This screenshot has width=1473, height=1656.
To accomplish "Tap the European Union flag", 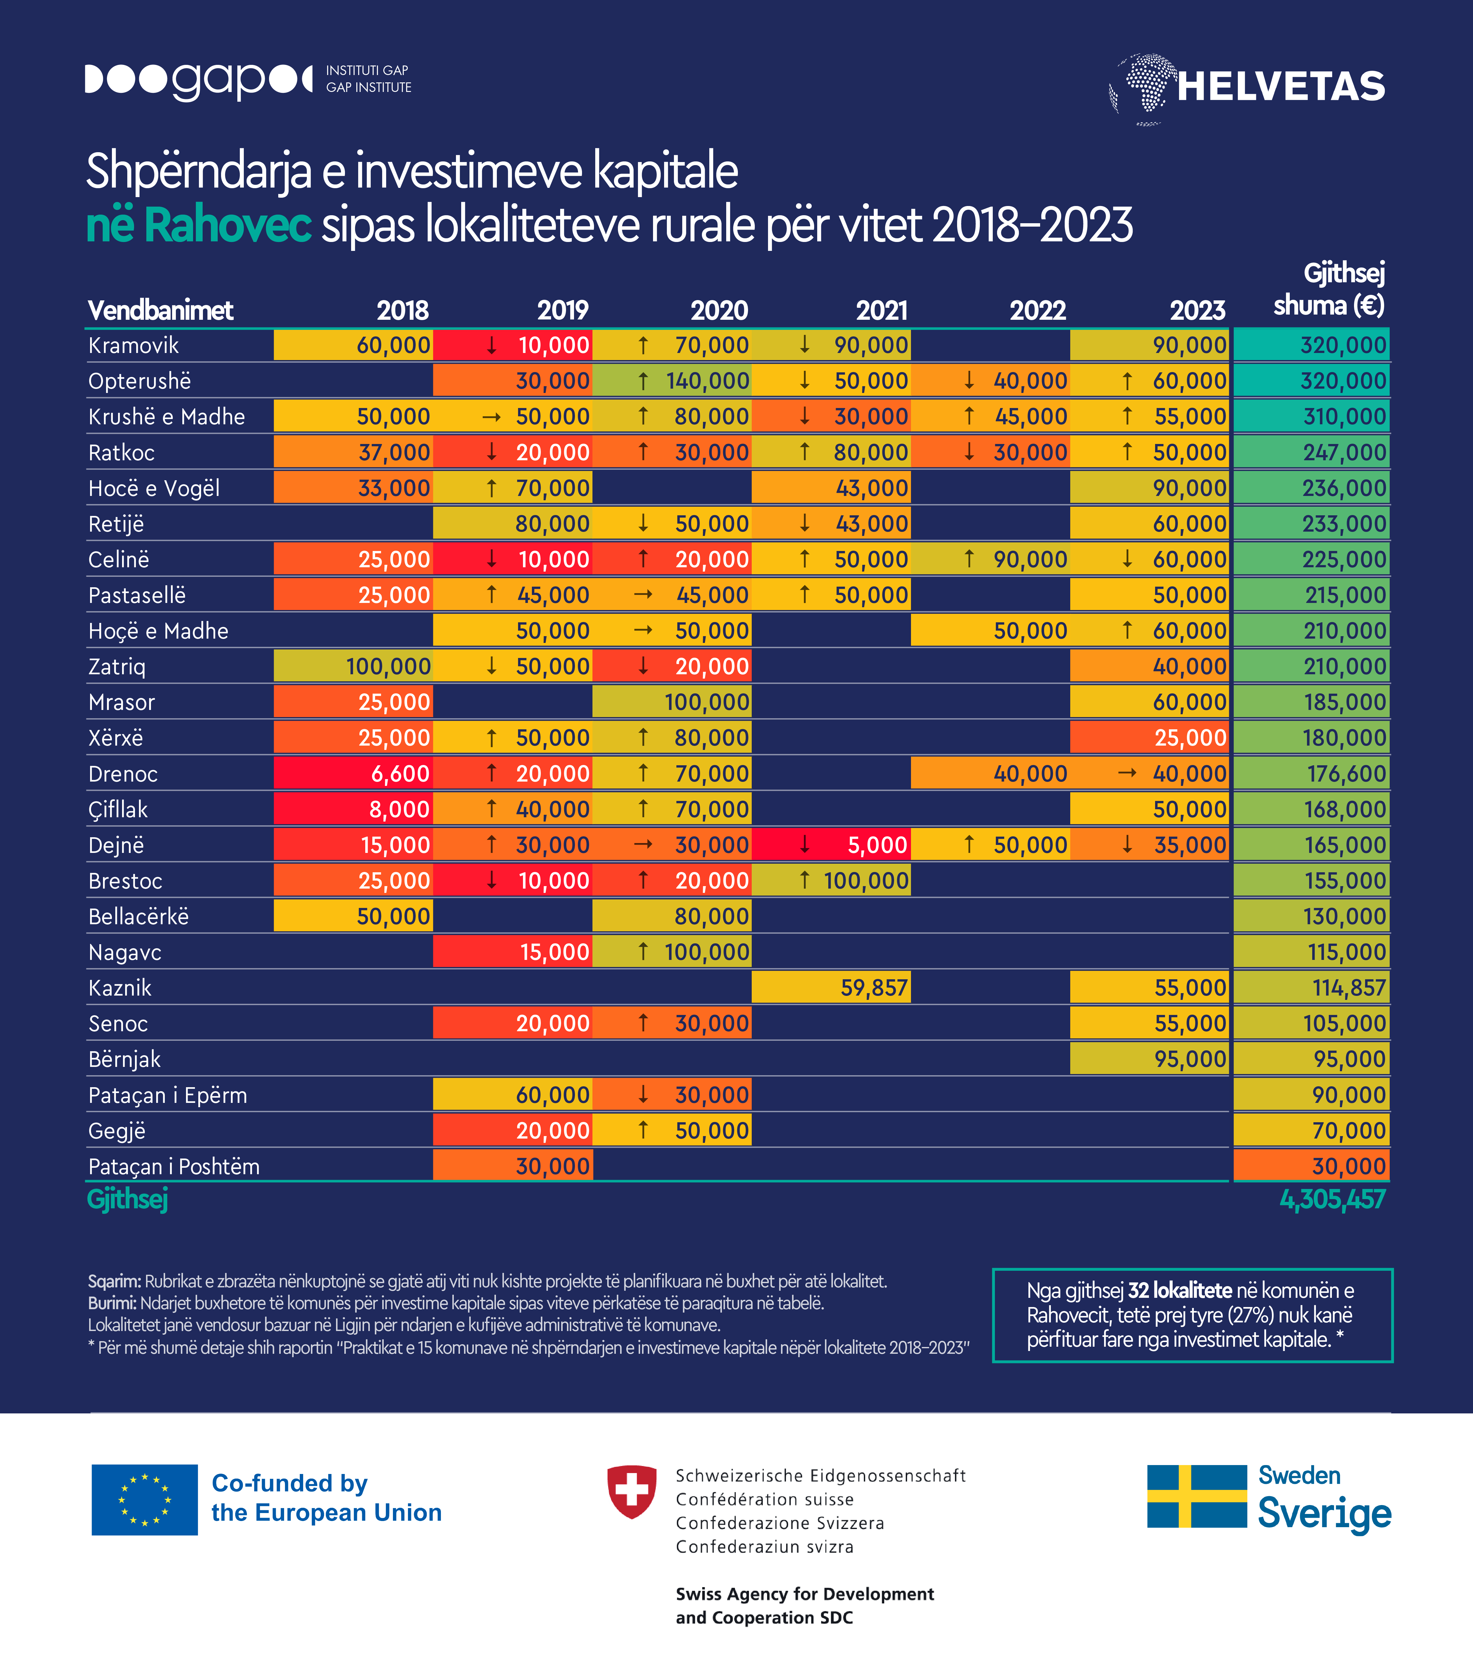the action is (144, 1500).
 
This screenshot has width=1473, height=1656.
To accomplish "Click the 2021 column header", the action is (882, 310).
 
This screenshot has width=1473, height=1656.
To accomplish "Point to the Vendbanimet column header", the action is (160, 310).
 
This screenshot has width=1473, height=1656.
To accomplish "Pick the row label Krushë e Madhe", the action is (166, 416).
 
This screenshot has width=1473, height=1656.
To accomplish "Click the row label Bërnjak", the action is (125, 1059).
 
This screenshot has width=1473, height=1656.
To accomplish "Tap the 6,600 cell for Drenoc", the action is (353, 774).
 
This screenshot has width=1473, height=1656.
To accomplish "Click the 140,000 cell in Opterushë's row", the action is (672, 381).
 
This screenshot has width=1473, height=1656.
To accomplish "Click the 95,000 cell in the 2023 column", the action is (1150, 1059).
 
